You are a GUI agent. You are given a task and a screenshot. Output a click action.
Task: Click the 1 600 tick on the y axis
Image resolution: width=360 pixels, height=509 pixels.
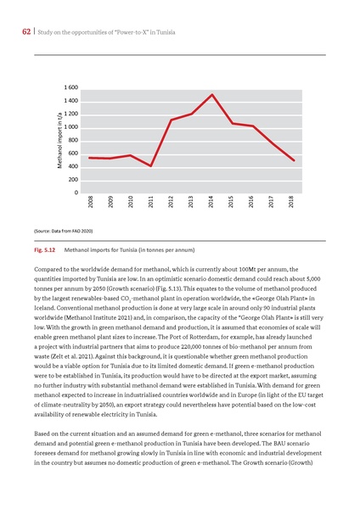click(x=71, y=88)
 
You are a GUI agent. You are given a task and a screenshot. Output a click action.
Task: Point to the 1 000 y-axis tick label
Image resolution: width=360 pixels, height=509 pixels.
click(x=71, y=127)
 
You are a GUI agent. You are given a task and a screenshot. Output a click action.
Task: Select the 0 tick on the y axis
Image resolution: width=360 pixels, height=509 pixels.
click(x=77, y=193)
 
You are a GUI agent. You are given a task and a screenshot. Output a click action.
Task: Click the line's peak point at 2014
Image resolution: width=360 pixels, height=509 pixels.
click(x=211, y=94)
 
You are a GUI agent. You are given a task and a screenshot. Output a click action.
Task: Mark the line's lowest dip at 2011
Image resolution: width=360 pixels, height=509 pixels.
click(x=151, y=166)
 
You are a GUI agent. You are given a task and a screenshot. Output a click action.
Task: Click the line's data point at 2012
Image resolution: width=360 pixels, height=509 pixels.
click(x=172, y=120)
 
